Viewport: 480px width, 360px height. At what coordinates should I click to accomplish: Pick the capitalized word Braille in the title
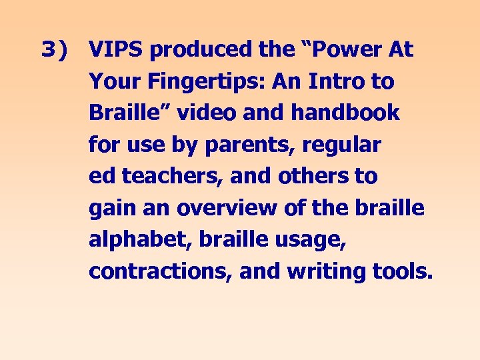coord(124,113)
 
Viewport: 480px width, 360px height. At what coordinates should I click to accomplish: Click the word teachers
coord(164,177)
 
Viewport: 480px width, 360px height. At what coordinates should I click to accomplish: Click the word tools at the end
coord(403,272)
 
